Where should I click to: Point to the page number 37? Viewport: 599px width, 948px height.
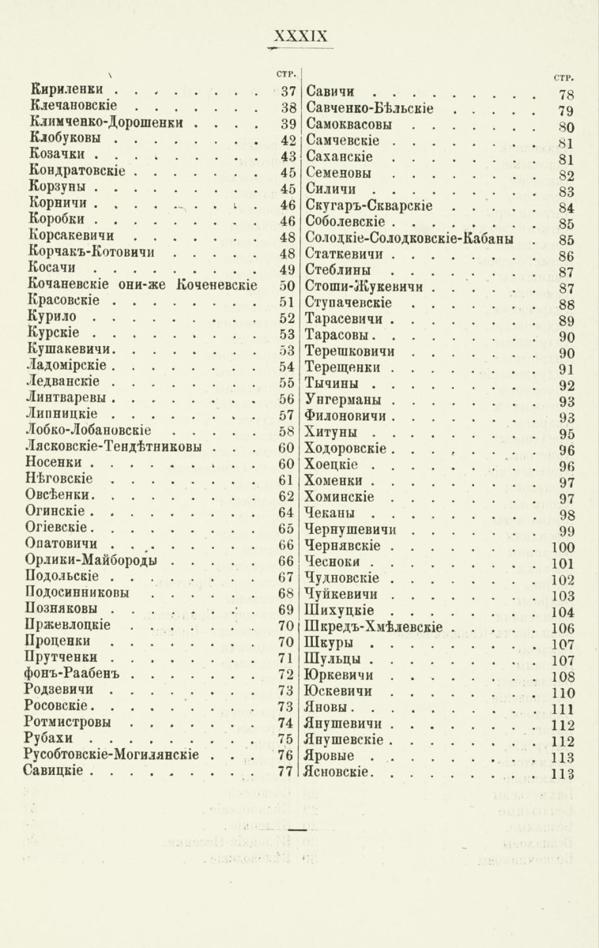pos(287,91)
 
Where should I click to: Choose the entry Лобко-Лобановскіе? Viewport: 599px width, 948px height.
pos(99,431)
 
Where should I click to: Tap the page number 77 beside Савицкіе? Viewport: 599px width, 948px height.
pos(287,772)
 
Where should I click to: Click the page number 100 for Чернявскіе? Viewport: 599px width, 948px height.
pos(562,547)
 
